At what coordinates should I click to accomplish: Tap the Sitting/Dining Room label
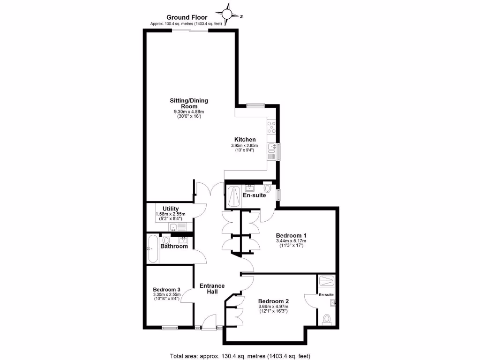[x=189, y=103]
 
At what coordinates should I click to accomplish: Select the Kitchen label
[x=245, y=140]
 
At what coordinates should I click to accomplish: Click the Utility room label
[x=171, y=209]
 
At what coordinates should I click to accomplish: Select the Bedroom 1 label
[x=291, y=235]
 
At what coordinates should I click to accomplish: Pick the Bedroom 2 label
[x=273, y=301]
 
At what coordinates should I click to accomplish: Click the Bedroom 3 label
[x=166, y=289]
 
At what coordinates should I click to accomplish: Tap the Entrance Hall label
[x=212, y=288]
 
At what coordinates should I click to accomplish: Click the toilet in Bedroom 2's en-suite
[x=327, y=319]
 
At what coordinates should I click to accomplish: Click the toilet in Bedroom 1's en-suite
[x=267, y=188]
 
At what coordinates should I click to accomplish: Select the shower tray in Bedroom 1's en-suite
[x=234, y=196]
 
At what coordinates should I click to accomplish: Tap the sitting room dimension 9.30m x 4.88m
[x=189, y=112]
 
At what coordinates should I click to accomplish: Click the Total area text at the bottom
[x=240, y=355]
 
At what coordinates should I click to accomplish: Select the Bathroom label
[x=174, y=246]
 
